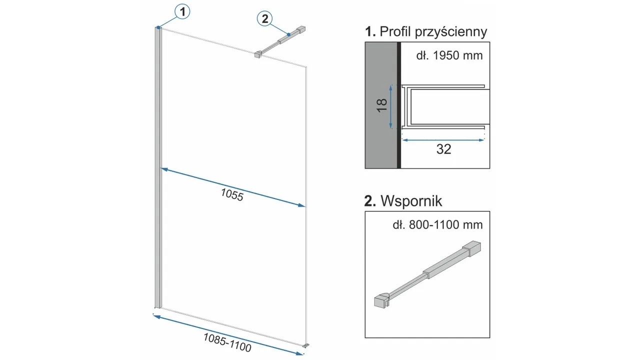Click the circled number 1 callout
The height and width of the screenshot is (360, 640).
(x=182, y=11)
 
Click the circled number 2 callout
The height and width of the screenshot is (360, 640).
(x=265, y=19)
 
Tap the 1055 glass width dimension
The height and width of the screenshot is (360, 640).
(x=232, y=195)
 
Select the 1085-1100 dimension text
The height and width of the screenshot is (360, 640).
(x=227, y=342)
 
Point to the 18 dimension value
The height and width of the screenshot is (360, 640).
(x=382, y=105)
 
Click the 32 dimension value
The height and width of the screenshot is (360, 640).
(x=443, y=149)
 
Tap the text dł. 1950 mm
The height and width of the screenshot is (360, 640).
(x=449, y=55)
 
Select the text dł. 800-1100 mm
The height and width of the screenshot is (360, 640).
(x=437, y=225)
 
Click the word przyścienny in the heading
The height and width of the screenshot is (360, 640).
(x=451, y=32)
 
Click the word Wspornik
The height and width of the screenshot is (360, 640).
(x=411, y=201)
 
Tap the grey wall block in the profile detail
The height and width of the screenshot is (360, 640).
(x=381, y=105)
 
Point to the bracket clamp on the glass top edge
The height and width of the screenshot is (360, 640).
(x=258, y=54)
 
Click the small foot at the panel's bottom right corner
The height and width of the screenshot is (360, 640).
(x=306, y=345)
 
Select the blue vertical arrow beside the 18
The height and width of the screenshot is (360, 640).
(x=391, y=107)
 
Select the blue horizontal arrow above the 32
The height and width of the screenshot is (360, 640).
(x=443, y=140)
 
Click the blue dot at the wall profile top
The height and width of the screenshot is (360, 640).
(x=158, y=27)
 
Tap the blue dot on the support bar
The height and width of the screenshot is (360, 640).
(x=289, y=34)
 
